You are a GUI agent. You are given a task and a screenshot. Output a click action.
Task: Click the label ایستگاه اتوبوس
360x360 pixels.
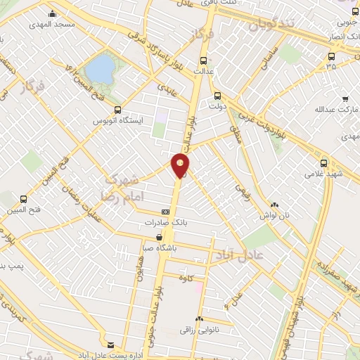(x=118, y=121)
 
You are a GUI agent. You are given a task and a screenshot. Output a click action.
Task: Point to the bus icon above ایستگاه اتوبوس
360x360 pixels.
(x=117, y=110)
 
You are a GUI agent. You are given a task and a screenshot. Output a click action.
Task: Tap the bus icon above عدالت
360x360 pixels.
(x=204, y=60)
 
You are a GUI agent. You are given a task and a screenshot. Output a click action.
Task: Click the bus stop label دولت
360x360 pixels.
(x=217, y=106)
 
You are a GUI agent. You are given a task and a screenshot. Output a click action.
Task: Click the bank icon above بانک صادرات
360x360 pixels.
(x=165, y=211)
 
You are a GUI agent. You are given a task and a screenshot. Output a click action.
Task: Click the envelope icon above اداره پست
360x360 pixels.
(x=110, y=344)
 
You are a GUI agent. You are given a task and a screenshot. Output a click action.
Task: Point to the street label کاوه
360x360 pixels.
(x=186, y=278)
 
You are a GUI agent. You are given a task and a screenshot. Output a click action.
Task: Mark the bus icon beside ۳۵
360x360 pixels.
(x=331, y=56)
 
